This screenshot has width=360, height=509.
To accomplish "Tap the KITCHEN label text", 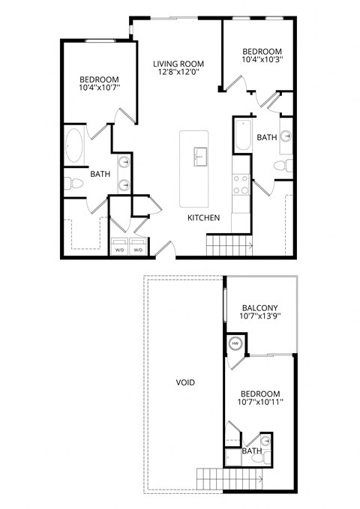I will (x=203, y=218).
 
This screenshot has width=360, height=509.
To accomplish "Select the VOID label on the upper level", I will (x=185, y=382).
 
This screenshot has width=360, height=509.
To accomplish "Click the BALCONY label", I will (x=260, y=308).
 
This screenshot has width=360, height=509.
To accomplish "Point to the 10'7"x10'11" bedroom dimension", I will (x=260, y=404).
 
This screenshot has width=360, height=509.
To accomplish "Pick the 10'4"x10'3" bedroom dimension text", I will (x=262, y=58).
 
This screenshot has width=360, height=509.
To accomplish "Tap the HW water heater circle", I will (x=235, y=344).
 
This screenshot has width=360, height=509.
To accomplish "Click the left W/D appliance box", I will (x=119, y=248).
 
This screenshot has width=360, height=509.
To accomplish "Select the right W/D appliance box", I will (x=138, y=248).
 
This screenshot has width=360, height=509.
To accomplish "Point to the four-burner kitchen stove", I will (x=241, y=184).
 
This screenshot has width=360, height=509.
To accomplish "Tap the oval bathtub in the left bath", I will (x=74, y=146).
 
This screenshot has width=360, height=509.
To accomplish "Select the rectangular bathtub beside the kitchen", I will (x=243, y=136).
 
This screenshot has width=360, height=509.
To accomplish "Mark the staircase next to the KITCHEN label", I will (x=229, y=244).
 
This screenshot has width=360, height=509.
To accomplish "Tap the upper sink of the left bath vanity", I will (x=124, y=162).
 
